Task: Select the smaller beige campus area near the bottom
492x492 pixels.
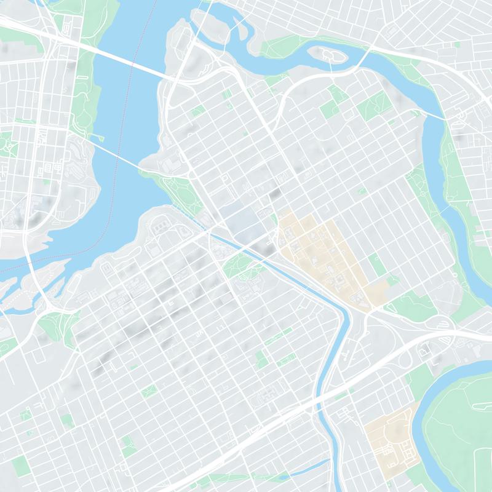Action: (391, 440)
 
